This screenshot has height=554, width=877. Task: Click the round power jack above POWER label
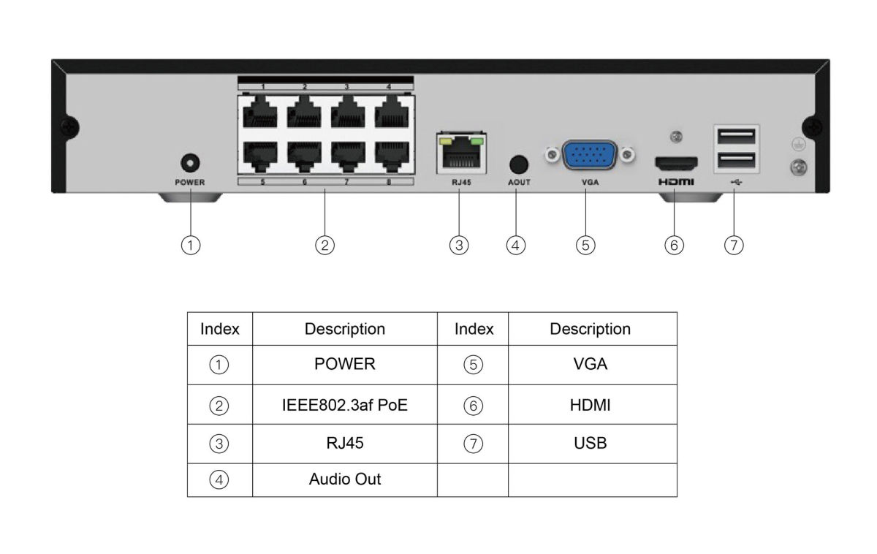point(190,162)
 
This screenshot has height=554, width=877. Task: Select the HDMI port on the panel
point(675,162)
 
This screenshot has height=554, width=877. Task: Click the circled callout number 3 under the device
point(458,246)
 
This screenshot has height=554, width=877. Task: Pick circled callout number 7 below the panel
point(733,246)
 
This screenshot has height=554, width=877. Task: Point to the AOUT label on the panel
point(518,182)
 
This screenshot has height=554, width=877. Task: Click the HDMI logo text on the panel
point(675,181)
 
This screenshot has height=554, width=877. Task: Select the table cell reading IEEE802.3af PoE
point(344,404)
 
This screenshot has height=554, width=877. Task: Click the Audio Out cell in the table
point(344,479)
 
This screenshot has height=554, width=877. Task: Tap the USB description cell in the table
point(591,443)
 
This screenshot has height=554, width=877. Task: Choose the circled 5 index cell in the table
point(473,365)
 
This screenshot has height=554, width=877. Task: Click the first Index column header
point(220,329)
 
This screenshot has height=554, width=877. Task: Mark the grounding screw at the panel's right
point(799,167)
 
